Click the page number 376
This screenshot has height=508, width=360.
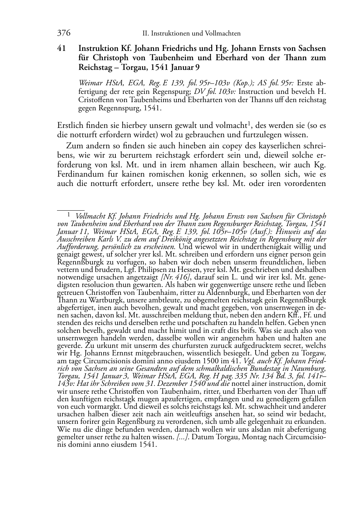[63, 33]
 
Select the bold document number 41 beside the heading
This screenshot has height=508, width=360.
[61, 48]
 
